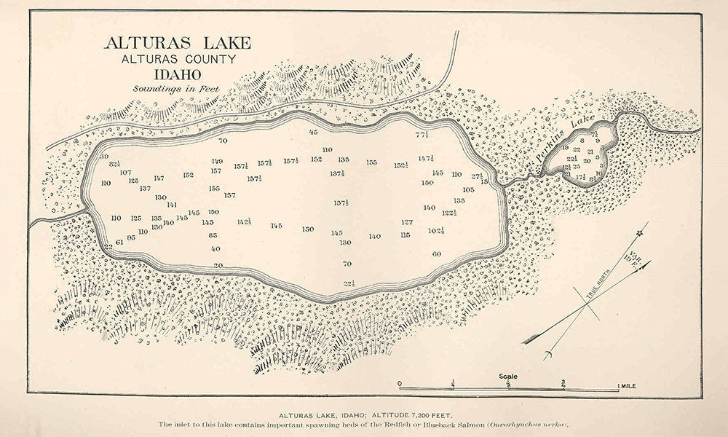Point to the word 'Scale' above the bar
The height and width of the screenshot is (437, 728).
click(x=508, y=377)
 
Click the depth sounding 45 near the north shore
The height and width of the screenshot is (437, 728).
click(x=314, y=132)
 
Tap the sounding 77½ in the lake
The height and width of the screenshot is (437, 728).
click(x=423, y=135)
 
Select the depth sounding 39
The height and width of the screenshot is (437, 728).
click(x=104, y=157)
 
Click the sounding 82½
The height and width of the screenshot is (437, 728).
click(x=115, y=165)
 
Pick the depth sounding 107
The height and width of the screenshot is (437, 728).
click(x=125, y=173)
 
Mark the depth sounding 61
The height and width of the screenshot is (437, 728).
click(x=119, y=242)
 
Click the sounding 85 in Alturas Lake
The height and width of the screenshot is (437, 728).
click(x=213, y=235)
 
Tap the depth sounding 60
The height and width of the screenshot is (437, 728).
click(x=437, y=254)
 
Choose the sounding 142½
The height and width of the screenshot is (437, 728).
click(x=244, y=221)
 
